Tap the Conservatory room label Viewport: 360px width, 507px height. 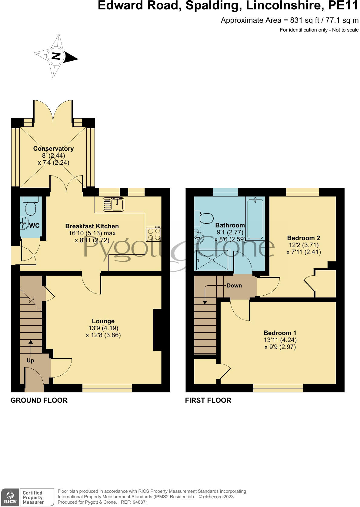coord(53,149)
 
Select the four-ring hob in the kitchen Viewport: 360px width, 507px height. coord(154,234)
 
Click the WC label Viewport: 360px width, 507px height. coord(34,226)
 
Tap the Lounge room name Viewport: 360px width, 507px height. coord(103,321)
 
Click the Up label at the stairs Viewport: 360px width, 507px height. coord(30,361)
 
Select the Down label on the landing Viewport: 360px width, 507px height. coord(234,286)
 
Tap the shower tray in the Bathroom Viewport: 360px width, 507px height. coord(213,260)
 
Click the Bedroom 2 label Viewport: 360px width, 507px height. coord(303,238)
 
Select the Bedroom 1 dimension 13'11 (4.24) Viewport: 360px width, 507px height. coord(280,340)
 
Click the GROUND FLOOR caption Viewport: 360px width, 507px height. coord(39,400)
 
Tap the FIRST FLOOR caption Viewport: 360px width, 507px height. coord(208,400)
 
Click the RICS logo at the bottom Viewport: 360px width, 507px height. coord(10,497)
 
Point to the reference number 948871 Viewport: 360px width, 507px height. coord(138,502)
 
